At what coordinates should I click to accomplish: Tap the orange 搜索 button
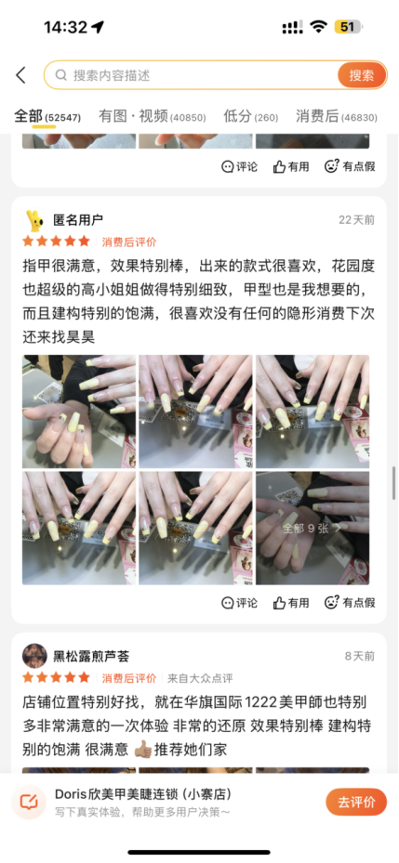(x=362, y=75)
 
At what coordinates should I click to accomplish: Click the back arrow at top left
(x=21, y=75)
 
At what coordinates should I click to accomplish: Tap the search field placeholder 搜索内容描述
(x=112, y=75)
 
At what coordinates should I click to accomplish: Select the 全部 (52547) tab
(x=47, y=116)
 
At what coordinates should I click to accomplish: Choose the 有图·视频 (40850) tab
(x=153, y=116)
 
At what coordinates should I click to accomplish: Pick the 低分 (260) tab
(x=251, y=116)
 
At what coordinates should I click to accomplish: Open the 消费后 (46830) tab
(x=336, y=116)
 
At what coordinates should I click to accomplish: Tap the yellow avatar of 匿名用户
(x=34, y=220)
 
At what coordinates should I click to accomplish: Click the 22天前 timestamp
(x=356, y=220)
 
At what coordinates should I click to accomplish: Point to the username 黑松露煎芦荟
(x=91, y=656)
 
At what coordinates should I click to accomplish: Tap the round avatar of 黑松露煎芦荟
(x=34, y=656)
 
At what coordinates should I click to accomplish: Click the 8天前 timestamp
(x=360, y=656)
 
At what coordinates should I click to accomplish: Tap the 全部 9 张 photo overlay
(x=312, y=528)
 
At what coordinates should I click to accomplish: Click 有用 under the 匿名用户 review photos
(x=291, y=603)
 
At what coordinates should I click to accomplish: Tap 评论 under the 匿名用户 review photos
(x=239, y=603)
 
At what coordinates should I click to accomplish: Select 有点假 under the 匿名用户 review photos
(x=350, y=603)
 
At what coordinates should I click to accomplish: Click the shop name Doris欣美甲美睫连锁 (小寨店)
(x=143, y=794)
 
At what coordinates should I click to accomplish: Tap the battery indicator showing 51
(x=347, y=26)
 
